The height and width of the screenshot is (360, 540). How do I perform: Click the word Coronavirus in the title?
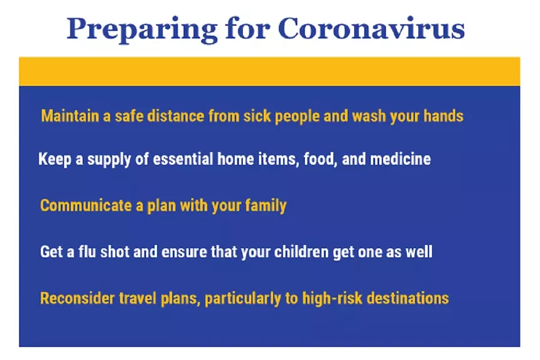(371, 28)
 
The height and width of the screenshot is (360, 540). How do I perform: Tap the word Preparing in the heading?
(142, 30)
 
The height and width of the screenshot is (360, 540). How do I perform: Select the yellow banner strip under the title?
(269, 72)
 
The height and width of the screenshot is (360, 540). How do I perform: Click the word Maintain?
(70, 116)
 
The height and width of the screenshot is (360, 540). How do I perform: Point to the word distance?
(176, 116)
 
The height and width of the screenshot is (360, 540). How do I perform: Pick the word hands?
(443, 116)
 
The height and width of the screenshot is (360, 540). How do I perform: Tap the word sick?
(257, 116)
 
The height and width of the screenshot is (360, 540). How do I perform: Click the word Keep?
(55, 159)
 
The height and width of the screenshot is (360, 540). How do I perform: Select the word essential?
(183, 159)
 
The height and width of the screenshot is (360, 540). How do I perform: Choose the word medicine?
(400, 159)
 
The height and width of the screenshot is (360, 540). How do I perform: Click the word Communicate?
(86, 205)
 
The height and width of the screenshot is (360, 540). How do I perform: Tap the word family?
(266, 206)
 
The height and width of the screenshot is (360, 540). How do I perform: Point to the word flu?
(87, 251)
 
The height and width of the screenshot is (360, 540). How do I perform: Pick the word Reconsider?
(77, 298)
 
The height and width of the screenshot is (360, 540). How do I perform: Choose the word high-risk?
(332, 298)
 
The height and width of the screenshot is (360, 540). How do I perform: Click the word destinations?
(408, 298)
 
